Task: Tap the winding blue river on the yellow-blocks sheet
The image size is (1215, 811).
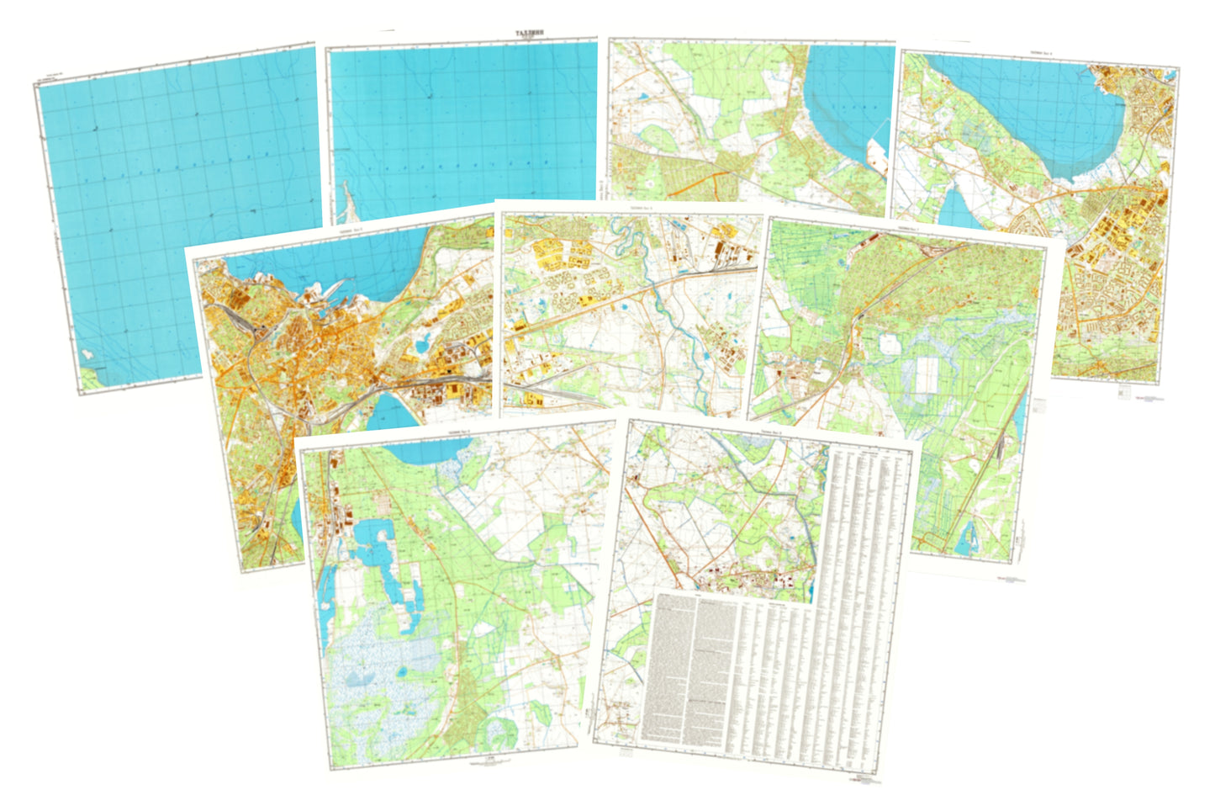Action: click(x=673, y=311)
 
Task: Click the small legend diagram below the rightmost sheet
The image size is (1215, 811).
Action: click(x=1124, y=391)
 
